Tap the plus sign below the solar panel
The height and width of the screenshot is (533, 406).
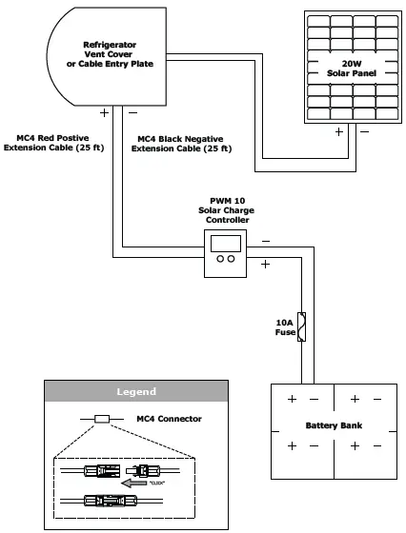[x=338, y=132]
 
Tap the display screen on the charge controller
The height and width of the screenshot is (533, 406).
[x=226, y=241]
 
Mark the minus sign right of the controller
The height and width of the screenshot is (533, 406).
[x=265, y=241]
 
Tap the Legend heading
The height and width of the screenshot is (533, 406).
[x=135, y=391]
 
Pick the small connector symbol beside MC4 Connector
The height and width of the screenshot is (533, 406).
[x=102, y=419]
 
